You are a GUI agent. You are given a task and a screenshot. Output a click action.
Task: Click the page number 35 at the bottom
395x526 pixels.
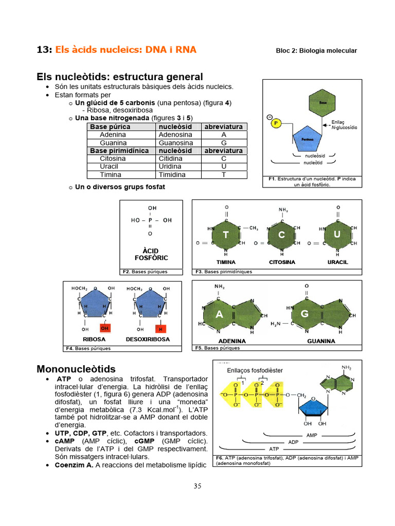click(197, 486)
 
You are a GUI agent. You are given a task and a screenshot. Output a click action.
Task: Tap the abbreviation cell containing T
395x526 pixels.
click(224, 175)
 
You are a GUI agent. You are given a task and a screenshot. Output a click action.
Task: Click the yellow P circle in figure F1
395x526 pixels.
click(276, 123)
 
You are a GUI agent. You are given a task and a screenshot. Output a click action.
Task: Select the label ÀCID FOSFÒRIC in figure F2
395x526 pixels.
click(151, 254)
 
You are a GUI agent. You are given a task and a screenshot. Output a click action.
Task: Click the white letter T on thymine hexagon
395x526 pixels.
click(226, 235)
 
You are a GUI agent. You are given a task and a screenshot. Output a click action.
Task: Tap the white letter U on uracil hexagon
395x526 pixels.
click(337, 234)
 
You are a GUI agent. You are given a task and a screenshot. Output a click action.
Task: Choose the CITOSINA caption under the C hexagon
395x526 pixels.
click(282, 262)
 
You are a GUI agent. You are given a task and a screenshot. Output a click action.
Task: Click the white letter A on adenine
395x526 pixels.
click(220, 314)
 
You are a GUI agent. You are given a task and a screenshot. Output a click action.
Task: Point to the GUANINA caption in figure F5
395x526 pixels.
click(321, 341)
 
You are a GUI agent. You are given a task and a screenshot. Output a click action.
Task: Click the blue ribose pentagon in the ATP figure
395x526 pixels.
click(315, 406)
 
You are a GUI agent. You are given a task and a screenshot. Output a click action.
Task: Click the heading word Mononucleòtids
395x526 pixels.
click(76, 369)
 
